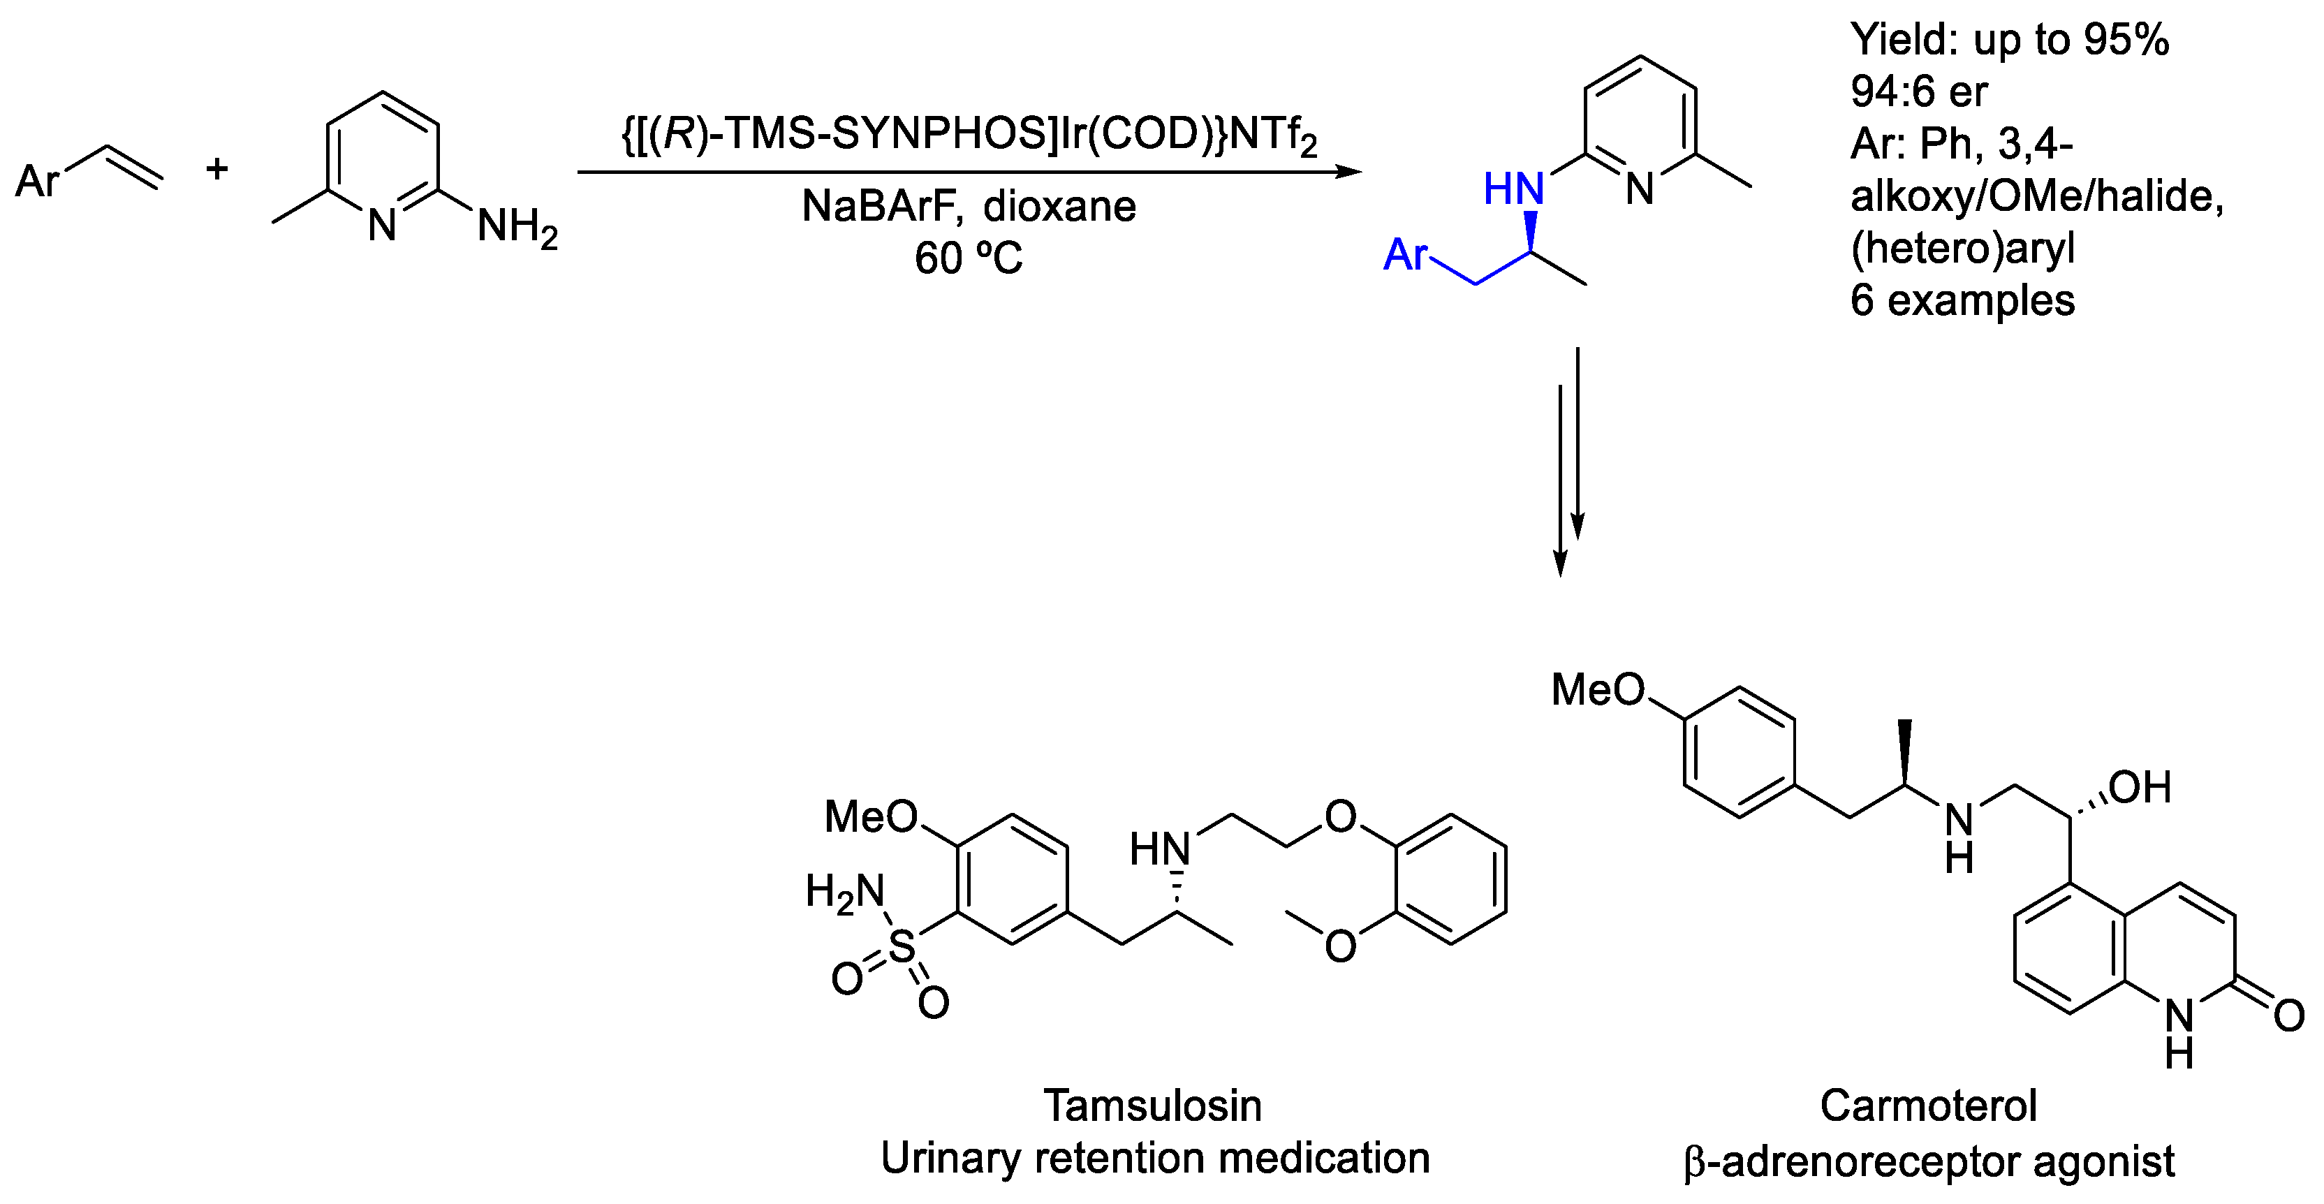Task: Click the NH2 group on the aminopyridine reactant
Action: (517, 226)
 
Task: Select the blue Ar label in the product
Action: (1406, 256)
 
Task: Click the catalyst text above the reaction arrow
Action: (970, 136)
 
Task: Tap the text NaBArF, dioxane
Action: (969, 207)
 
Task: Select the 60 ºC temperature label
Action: (968, 259)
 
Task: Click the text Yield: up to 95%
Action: (2009, 40)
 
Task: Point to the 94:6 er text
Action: (1918, 91)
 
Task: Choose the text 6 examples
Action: (1962, 300)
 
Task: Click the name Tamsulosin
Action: (1152, 1106)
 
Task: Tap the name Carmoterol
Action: (1928, 1106)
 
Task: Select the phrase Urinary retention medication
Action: (1155, 1158)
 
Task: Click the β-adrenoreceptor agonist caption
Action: (1929, 1161)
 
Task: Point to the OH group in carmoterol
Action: (2139, 788)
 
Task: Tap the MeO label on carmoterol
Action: (1598, 691)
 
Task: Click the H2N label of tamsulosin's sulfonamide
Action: (844, 892)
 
